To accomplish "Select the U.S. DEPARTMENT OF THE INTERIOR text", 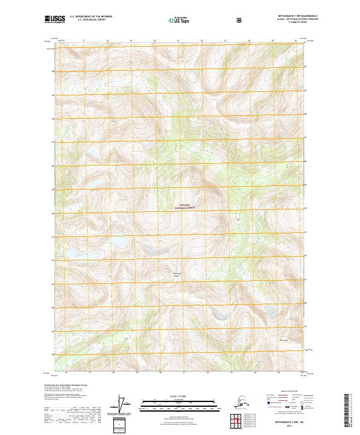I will tap(91, 17).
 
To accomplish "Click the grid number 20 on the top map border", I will tap(154, 41).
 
